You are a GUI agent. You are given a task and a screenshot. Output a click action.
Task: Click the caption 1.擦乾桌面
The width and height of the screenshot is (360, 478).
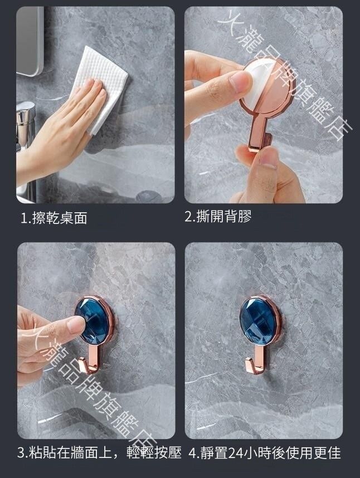tap(54, 218)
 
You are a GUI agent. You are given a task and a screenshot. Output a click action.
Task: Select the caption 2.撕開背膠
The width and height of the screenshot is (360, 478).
tap(218, 217)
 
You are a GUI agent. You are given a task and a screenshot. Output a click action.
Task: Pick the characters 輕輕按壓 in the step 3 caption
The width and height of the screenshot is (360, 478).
tap(154, 452)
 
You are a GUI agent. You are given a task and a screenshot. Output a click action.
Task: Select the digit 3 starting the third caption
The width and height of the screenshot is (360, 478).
tap(21, 453)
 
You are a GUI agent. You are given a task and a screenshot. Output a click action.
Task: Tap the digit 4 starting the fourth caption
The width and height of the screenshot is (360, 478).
tap(192, 453)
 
